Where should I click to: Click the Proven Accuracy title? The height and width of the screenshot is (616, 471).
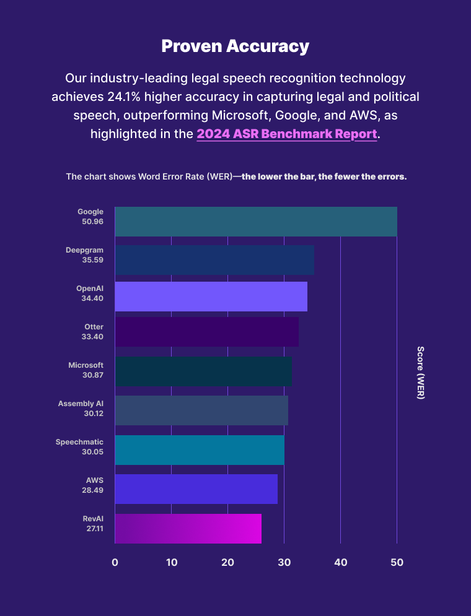235,46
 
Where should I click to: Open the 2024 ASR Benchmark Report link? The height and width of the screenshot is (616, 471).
286,134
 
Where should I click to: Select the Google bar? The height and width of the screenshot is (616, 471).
255,222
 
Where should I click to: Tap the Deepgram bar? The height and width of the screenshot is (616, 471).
214,260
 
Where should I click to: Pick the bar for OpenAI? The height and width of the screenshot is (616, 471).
211,297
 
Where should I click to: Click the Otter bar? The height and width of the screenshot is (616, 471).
206,332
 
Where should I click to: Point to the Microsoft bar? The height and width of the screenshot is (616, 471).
203,371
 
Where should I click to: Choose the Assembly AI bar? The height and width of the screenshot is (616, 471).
201,410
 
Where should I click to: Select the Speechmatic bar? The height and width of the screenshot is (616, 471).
199,450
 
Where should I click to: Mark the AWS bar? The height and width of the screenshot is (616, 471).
196,489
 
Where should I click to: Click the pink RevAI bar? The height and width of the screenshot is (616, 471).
188,529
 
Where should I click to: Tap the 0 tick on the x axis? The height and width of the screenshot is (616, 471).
115,563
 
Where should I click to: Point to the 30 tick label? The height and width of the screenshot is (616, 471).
284,563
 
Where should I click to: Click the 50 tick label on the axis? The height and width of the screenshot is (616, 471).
397,563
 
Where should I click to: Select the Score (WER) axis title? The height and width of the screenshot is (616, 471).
420,373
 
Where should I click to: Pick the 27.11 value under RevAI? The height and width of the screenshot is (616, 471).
94,529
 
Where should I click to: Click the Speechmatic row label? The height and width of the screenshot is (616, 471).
79,442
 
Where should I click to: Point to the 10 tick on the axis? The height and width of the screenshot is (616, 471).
172,563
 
